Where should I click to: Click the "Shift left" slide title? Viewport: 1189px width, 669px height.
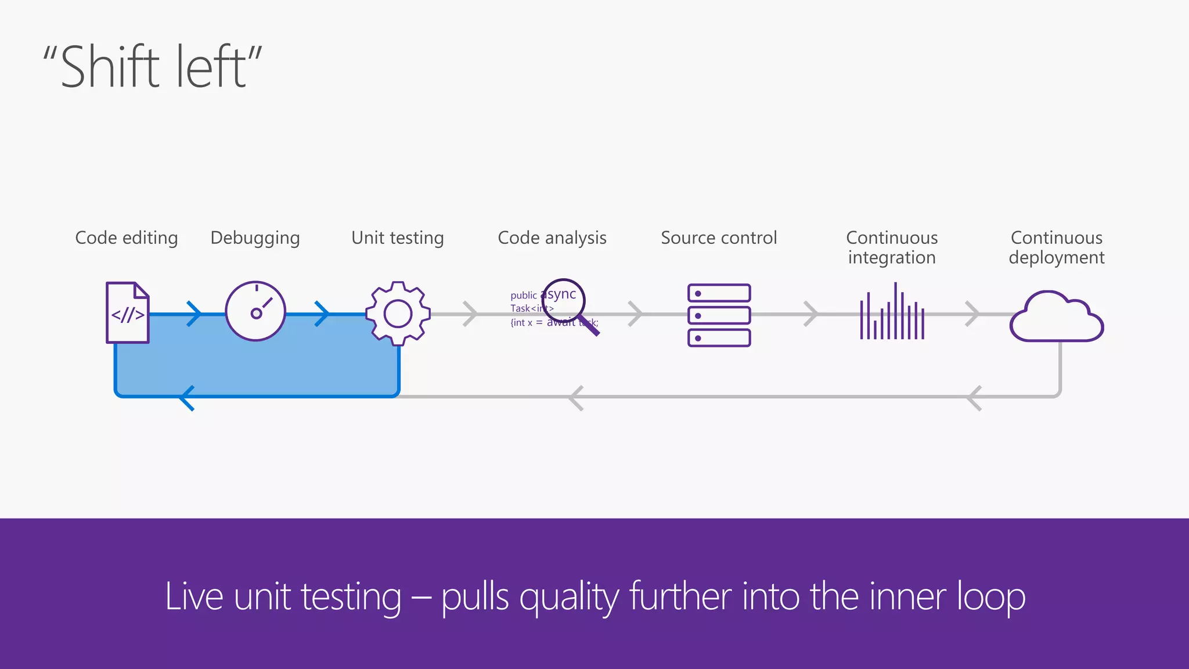point(152,67)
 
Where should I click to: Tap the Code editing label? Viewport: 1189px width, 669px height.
point(127,238)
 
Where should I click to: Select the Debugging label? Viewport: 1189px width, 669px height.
point(255,238)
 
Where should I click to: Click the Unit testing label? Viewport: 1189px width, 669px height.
point(398,238)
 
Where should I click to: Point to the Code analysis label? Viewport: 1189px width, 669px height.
point(552,238)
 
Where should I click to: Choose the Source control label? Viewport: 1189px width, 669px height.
point(719,238)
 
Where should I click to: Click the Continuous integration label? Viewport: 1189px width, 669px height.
point(892,247)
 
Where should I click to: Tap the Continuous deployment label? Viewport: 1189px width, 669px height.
point(1057,247)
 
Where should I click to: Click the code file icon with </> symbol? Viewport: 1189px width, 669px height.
point(128,313)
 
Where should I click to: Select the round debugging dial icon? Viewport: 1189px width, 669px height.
point(255,311)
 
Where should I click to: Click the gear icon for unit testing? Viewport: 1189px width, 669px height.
point(398,314)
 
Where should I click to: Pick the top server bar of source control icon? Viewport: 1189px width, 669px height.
point(719,293)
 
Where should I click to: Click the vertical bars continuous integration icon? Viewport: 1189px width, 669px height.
point(892,314)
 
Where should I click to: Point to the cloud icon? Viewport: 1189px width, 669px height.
point(1057,318)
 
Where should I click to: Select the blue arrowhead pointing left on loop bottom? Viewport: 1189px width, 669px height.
point(187,398)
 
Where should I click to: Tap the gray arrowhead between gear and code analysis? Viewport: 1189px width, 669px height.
point(470,314)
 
